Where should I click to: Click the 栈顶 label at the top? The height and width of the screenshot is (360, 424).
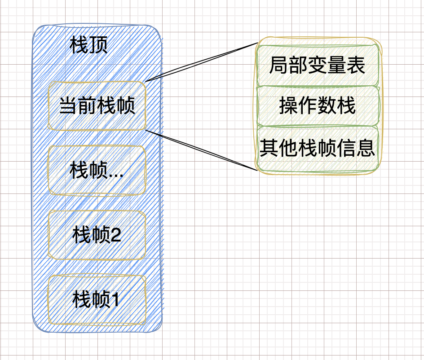(89, 45)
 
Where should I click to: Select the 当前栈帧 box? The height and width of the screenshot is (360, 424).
(97, 106)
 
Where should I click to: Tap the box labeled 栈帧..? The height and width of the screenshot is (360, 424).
(97, 170)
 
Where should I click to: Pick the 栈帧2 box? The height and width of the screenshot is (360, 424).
(97, 235)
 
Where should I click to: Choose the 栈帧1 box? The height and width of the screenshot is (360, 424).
(97, 299)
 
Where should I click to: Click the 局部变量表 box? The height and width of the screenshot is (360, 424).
(317, 66)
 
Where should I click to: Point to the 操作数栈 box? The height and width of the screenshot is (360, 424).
(317, 106)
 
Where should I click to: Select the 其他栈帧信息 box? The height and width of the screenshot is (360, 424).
(317, 147)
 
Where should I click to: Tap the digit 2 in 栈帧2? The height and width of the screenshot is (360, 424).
(115, 235)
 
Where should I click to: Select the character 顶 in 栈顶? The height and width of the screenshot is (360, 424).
(99, 45)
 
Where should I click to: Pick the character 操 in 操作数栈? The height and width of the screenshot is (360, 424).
(288, 106)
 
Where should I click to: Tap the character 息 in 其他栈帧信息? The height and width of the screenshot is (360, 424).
(366, 147)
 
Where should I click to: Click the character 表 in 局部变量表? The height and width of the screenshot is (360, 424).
(357, 66)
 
